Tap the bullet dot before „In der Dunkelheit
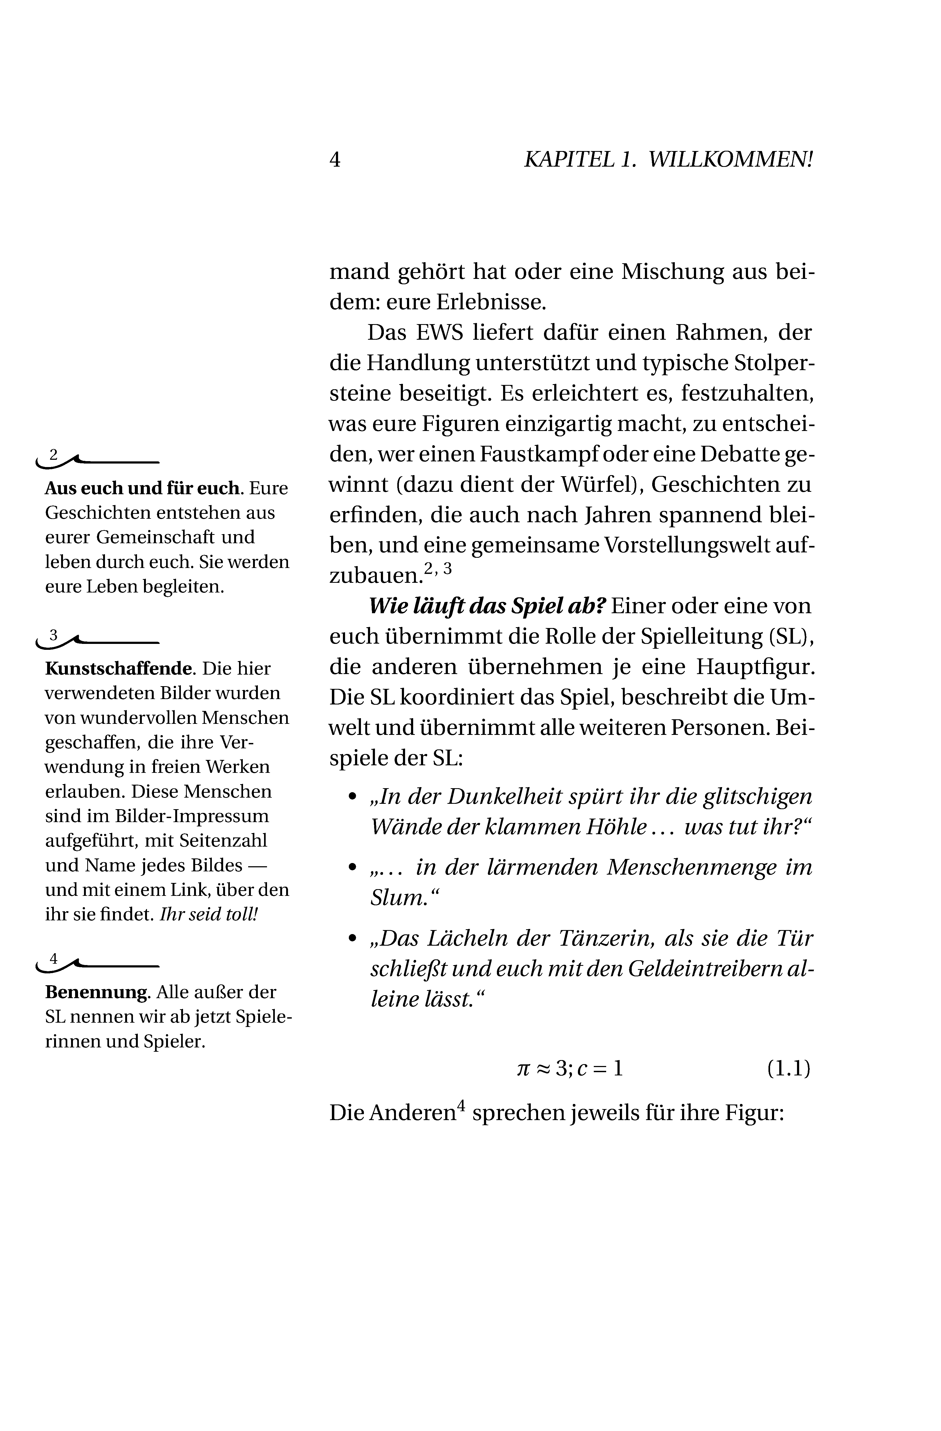pos(353,797)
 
